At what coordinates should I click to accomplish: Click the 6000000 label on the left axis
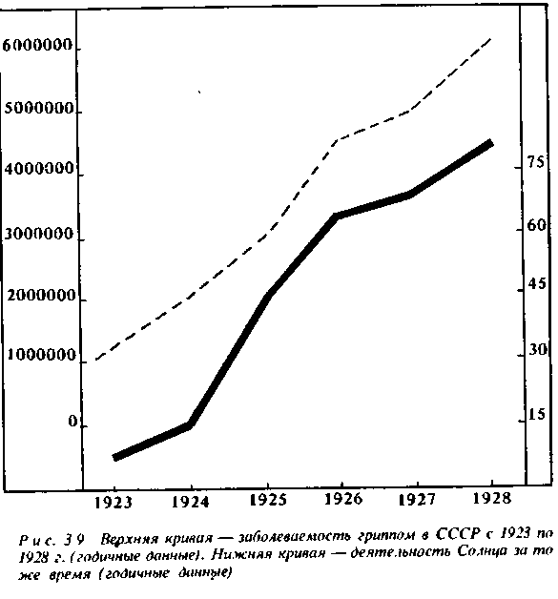coord(37,45)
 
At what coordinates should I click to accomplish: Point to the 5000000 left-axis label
coord(39,109)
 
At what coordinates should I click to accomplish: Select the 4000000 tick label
coord(38,169)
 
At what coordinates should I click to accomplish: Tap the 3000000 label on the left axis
coord(38,234)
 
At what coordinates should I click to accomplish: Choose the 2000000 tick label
coord(41,295)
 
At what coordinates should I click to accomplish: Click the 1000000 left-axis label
coord(42,355)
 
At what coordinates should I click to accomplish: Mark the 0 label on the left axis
coord(72,422)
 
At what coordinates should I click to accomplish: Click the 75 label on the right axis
coord(535,162)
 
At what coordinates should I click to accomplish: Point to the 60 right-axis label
coord(537,225)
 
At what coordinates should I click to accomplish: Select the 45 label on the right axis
coord(537,284)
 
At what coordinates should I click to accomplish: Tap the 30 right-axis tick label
coord(538,349)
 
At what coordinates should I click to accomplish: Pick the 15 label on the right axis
coord(537,414)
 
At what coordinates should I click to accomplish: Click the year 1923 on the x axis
coord(114,503)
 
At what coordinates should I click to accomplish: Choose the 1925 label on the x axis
coord(268,500)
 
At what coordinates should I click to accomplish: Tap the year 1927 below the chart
coord(417,500)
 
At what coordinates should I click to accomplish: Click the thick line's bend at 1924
coord(190,424)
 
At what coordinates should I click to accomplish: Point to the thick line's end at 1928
coord(490,143)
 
